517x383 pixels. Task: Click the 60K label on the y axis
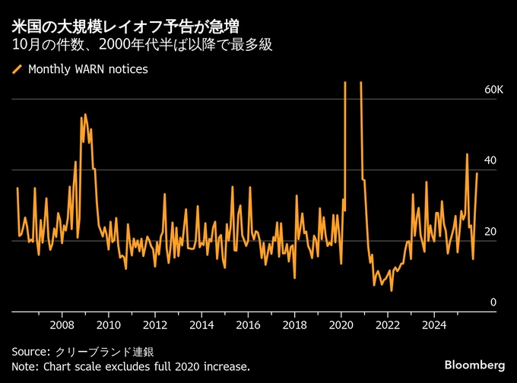pyautogui.click(x=494, y=90)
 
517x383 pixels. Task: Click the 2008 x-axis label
pyautogui.click(x=62, y=325)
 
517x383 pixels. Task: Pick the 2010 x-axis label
pyautogui.click(x=109, y=325)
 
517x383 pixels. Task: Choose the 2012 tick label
pyautogui.click(x=155, y=325)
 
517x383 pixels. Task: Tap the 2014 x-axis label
pyautogui.click(x=201, y=325)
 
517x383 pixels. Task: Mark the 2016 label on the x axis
pyautogui.click(x=248, y=325)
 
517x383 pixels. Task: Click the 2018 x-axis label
pyautogui.click(x=294, y=325)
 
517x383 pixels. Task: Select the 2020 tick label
pyautogui.click(x=341, y=325)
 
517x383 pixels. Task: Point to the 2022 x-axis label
pyautogui.click(x=387, y=325)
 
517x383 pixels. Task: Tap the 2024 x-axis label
pyautogui.click(x=433, y=325)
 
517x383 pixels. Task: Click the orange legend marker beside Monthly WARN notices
pyautogui.click(x=17, y=69)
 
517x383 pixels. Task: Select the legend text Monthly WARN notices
pyautogui.click(x=87, y=69)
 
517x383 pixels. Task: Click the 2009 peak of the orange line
pyautogui.click(x=84, y=115)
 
